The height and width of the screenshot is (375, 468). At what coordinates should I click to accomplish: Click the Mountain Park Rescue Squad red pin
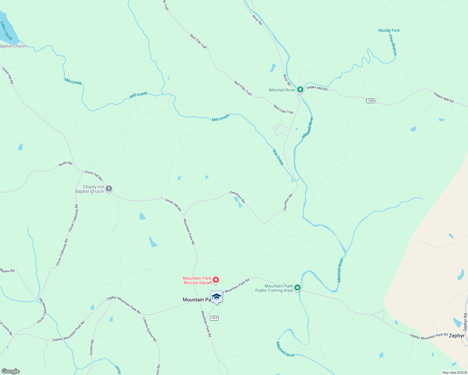tap(216, 280)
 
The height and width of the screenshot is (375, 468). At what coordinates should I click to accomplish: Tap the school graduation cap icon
tap(216, 297)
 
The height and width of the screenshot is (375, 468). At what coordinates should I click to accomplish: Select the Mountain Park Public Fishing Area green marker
tap(298, 288)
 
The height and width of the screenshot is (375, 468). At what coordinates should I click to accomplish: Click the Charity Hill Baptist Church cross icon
tap(109, 189)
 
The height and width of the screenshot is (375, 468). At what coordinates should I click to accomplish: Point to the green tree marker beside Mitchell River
tap(300, 90)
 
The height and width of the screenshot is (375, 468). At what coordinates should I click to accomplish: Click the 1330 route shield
tap(371, 101)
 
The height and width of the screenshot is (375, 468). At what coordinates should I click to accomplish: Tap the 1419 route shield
tap(214, 318)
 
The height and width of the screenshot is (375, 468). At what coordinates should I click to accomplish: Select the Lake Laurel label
tap(6, 31)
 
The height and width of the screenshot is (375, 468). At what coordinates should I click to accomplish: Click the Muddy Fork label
tap(389, 30)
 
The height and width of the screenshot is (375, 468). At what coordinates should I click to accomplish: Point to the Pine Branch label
tap(393, 45)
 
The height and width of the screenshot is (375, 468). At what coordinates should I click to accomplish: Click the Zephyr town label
tap(456, 336)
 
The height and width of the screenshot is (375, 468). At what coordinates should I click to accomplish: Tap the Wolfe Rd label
tap(65, 164)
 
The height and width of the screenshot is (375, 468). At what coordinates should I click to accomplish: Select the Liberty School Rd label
tap(150, 329)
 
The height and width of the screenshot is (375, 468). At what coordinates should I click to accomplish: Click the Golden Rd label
tap(92, 347)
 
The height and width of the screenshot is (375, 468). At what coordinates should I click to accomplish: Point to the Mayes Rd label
tap(7, 271)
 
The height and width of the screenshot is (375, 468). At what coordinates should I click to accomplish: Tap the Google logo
tap(11, 371)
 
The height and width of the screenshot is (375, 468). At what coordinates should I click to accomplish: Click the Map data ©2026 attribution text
tap(454, 372)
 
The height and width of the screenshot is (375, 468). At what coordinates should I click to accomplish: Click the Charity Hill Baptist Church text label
tap(90, 189)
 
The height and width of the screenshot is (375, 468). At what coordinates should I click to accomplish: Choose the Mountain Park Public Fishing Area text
tap(274, 288)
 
